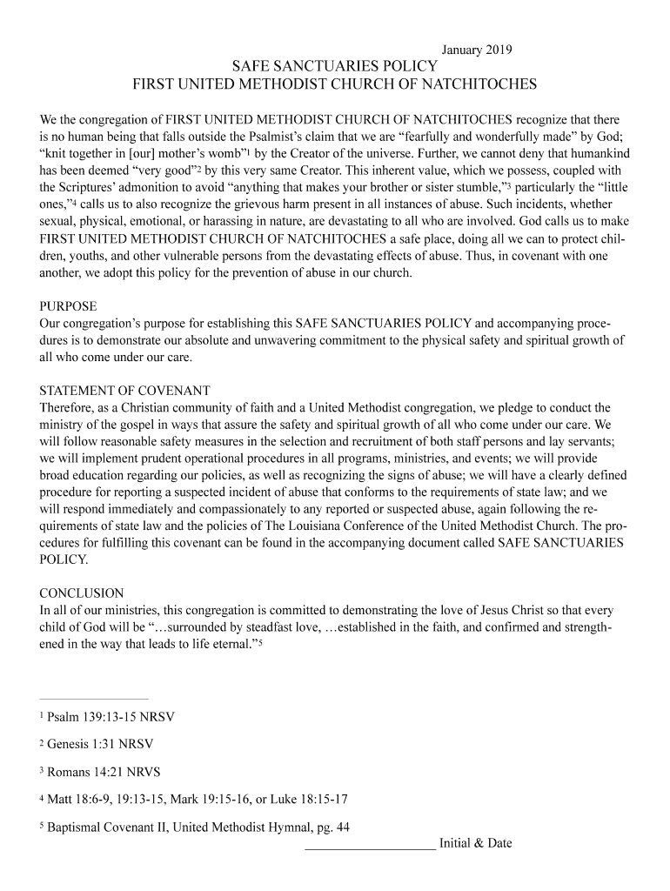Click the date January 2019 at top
pos(478,50)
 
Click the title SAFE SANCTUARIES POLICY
pos(334,67)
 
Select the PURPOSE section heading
pos(69,306)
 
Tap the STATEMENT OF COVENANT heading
pos(125,390)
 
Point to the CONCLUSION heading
pos(82,593)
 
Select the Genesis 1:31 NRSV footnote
pos(100,745)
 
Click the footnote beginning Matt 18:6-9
pos(198,800)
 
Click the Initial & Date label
pos(476,843)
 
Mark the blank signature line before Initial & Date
pos(370,847)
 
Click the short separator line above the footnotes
pos(94,698)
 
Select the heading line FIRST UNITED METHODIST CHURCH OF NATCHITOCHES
pos(334,85)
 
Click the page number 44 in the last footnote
pos(342,827)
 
